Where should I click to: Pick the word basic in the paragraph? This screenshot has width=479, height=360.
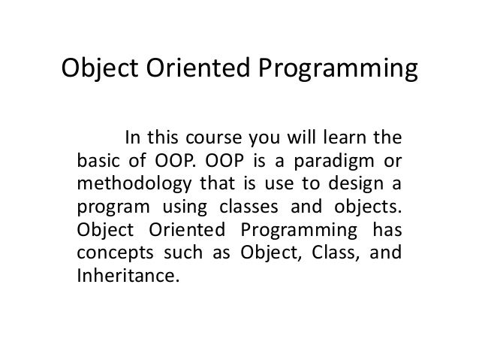[95, 161]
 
